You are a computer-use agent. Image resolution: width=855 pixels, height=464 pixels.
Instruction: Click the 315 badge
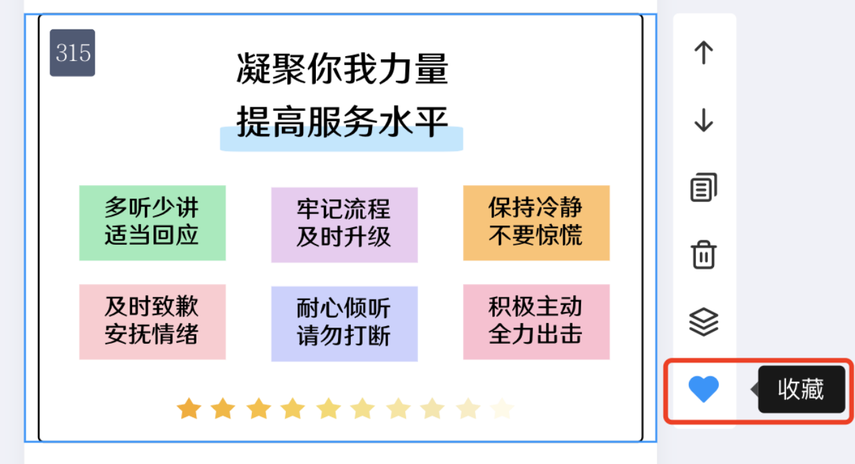pos(73,53)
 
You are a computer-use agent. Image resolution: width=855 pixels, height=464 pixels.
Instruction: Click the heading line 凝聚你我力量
pos(342,69)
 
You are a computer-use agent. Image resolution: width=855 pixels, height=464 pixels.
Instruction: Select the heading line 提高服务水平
pos(342,122)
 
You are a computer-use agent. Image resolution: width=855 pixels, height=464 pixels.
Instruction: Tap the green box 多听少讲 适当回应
pos(152,223)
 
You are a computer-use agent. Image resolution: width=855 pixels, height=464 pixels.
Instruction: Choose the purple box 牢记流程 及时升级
pos(344,225)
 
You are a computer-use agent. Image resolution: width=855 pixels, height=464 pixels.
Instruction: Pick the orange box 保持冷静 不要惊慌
pos(536,223)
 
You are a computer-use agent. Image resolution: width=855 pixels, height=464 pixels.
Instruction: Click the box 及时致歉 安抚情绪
pos(152,322)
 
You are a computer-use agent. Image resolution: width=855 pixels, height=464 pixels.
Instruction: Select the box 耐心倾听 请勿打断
pos(344,324)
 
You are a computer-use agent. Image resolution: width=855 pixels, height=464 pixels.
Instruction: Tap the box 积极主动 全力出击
pos(536,322)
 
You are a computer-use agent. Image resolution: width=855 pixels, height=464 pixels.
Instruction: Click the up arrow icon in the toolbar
pos(703,52)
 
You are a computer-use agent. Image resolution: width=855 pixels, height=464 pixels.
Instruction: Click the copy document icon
pos(703,187)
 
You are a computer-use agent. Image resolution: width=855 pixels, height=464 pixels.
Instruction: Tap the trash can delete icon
pos(703,255)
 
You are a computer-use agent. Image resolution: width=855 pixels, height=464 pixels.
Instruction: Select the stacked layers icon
pos(703,322)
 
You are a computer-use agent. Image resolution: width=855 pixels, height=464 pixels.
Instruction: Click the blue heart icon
pos(703,388)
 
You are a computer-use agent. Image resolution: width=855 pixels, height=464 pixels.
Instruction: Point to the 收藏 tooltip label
pos(801,390)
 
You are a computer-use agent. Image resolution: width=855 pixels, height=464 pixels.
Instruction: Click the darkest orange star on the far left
pos(189,409)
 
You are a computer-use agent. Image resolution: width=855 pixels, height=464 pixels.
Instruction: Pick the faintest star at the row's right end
pos(502,409)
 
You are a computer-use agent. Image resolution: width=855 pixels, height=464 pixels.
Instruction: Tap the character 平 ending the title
pos(431,122)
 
